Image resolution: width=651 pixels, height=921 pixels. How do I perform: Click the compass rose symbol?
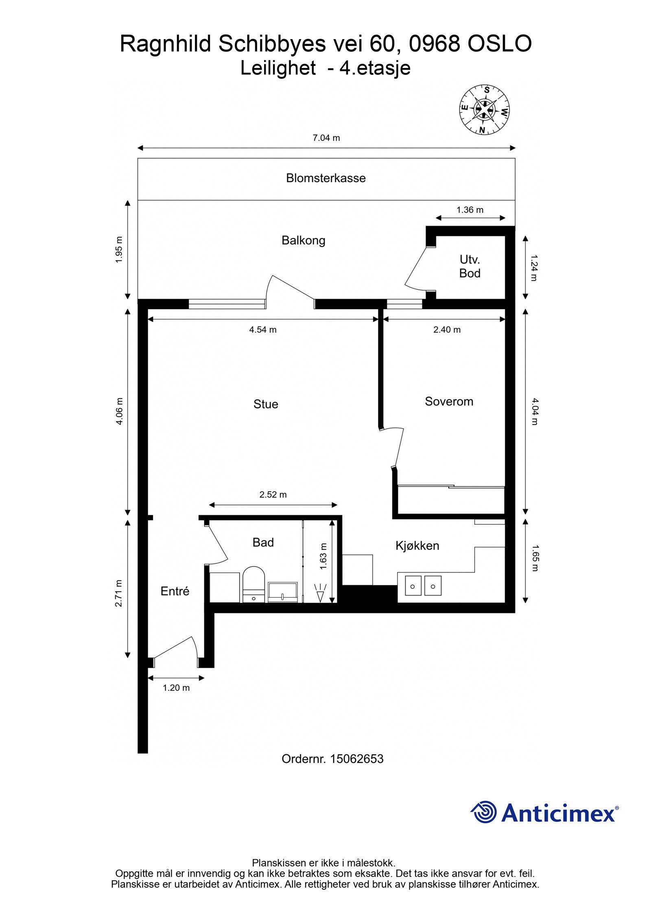pos(484,110)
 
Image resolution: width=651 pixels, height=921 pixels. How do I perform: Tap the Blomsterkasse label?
pos(325,178)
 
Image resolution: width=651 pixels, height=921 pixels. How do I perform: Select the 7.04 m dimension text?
pos(326,138)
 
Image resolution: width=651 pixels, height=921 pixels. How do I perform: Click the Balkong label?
pos(303,241)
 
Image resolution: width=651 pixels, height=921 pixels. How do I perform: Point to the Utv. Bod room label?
pos(470,267)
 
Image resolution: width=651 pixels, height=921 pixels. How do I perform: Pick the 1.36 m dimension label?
pos(470,210)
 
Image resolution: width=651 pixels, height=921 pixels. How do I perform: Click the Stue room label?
pos(266,404)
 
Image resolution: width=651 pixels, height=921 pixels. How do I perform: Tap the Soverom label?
pos(449,402)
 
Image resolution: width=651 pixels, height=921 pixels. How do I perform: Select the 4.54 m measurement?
pos(263,330)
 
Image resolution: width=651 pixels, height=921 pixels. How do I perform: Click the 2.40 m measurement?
pos(447,330)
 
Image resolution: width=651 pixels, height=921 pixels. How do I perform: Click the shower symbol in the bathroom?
pos(321,593)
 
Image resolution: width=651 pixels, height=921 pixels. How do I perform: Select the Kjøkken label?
pos(417,546)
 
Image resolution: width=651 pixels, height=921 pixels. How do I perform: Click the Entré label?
pos(175,591)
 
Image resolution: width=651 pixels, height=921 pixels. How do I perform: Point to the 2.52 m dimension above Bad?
pos(273,495)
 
